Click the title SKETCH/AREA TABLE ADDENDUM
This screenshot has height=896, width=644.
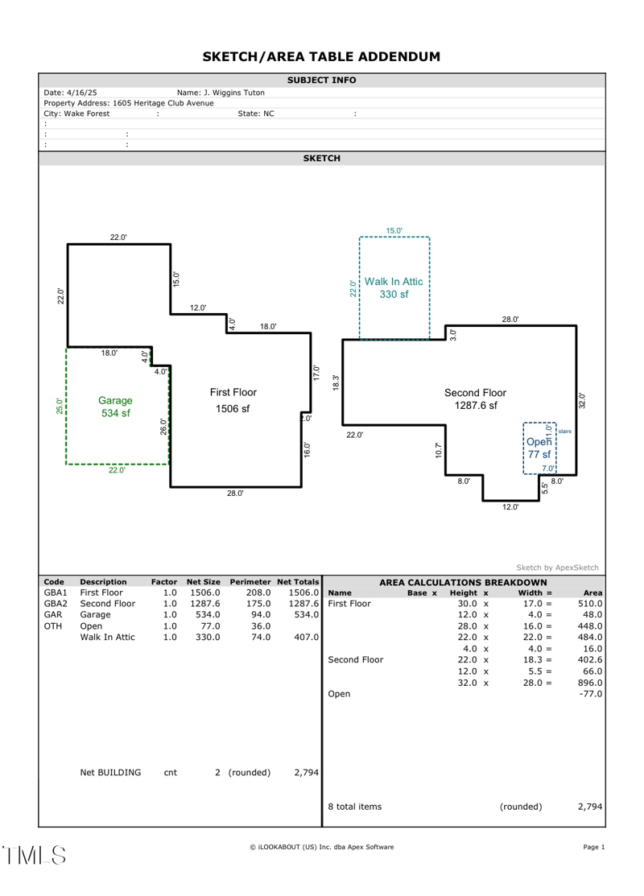321,56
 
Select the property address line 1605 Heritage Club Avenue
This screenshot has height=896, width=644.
129,103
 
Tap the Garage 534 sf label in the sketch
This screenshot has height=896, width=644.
115,407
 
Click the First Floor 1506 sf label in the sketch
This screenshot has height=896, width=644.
233,400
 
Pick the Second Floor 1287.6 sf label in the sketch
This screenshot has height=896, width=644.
474,398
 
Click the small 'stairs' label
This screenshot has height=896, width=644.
565,431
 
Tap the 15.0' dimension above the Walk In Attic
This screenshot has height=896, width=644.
394,231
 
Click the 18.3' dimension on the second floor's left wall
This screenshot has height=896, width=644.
336,383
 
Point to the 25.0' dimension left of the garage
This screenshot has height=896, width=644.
59,406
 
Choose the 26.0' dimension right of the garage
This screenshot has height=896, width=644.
163,428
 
